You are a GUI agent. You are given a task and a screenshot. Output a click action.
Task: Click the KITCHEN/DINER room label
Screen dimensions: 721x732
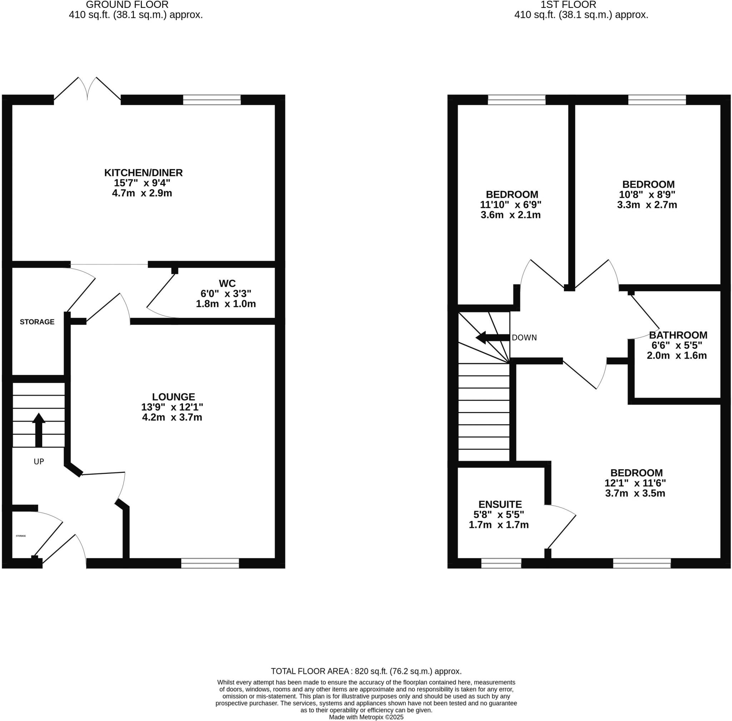click(x=143, y=173)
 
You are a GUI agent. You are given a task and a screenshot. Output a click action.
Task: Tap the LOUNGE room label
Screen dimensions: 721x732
click(x=173, y=397)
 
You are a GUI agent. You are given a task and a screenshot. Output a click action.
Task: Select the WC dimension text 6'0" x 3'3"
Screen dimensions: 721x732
click(x=226, y=294)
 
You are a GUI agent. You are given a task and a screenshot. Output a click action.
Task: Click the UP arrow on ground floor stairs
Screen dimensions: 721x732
click(x=39, y=430)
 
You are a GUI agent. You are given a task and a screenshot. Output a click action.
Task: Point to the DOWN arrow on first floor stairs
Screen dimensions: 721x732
click(x=492, y=337)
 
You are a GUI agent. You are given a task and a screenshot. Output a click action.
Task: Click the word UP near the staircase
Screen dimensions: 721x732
click(x=39, y=462)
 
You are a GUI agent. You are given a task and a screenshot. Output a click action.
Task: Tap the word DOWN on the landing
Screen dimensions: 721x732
click(x=524, y=338)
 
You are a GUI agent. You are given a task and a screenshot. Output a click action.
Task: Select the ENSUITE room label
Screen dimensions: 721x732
click(x=500, y=504)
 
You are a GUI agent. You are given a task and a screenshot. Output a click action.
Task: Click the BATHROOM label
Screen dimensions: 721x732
click(x=678, y=335)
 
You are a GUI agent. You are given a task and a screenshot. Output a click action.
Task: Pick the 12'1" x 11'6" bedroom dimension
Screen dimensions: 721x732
click(x=635, y=483)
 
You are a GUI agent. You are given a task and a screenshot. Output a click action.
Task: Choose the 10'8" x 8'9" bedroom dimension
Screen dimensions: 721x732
click(x=647, y=195)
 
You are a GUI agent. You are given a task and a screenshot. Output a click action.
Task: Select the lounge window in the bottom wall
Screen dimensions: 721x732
click(x=210, y=564)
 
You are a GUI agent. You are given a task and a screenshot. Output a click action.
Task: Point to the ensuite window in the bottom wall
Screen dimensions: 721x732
click(x=501, y=564)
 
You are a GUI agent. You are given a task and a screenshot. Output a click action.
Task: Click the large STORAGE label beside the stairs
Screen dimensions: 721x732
click(x=37, y=322)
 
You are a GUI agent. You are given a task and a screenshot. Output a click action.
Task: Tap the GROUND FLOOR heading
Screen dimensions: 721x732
click(x=127, y=5)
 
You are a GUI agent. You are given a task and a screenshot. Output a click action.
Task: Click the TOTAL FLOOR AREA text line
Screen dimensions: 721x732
click(x=366, y=671)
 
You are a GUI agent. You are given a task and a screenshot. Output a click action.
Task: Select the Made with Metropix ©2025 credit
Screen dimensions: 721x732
click(x=366, y=717)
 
